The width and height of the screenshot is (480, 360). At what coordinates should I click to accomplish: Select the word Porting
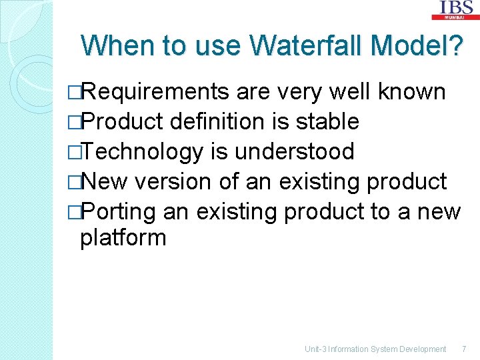click(x=118, y=212)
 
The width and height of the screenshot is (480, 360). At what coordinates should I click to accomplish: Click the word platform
click(x=123, y=237)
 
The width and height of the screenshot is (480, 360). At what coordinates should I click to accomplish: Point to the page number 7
click(x=464, y=349)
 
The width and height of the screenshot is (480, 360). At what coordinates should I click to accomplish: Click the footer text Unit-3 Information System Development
click(x=375, y=349)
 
